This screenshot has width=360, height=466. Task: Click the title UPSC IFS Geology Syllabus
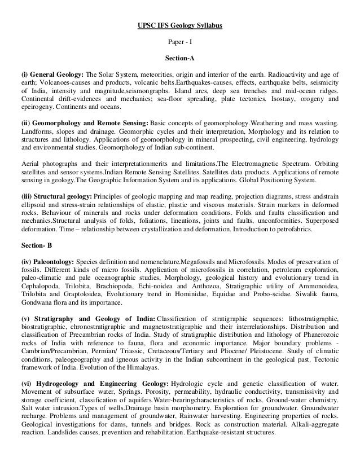click(x=180, y=27)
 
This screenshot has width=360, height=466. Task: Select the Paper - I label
click(x=180, y=42)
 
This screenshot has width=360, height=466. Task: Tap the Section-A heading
click(x=180, y=58)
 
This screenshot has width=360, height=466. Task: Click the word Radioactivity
click(x=274, y=74)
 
